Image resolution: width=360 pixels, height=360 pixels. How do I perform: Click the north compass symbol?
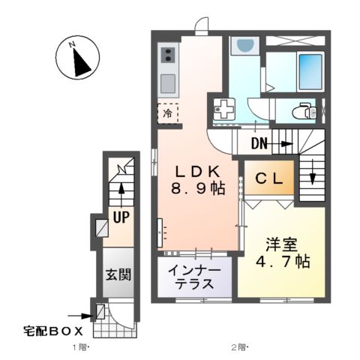[78, 58]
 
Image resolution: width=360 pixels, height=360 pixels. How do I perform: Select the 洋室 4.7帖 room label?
[281, 253]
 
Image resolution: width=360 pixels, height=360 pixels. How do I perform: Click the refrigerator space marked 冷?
[167, 112]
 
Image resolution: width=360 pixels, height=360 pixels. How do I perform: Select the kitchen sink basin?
[168, 81]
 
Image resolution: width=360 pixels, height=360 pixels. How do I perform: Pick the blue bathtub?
[310, 72]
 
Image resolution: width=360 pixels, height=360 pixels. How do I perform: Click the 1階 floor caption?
[81, 347]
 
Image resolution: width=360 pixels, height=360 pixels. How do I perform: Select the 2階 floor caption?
[238, 347]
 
